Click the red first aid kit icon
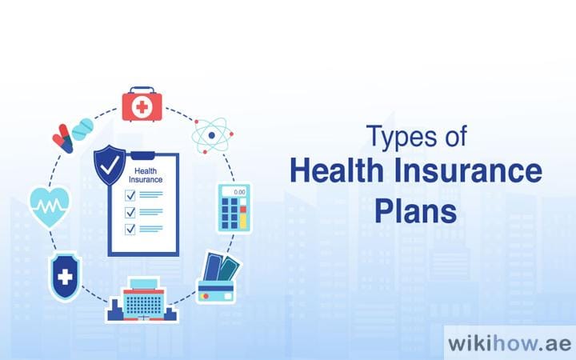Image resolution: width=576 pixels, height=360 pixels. pyautogui.click(x=143, y=106)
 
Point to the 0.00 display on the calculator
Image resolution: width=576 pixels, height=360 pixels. pyautogui.click(x=238, y=193)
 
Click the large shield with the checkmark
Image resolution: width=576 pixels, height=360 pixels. pyautogui.click(x=110, y=166)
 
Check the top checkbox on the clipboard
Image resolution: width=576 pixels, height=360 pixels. pyautogui.click(x=130, y=194)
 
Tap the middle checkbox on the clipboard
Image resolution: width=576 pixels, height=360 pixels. pyautogui.click(x=130, y=211)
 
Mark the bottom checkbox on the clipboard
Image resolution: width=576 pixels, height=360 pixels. pyautogui.click(x=130, y=229)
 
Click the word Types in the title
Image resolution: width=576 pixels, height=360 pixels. pyautogui.click(x=397, y=138)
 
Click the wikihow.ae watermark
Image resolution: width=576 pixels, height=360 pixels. pyautogui.click(x=510, y=342)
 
